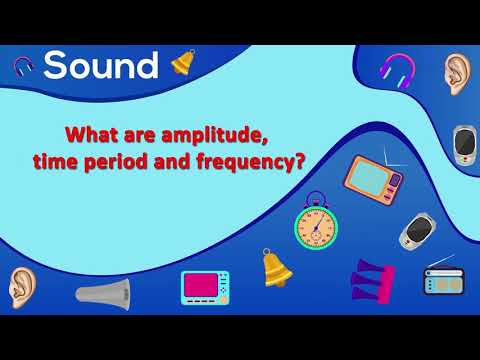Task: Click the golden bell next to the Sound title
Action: click(x=183, y=62)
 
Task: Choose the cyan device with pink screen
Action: click(x=205, y=287)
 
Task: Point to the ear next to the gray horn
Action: click(x=21, y=286)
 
